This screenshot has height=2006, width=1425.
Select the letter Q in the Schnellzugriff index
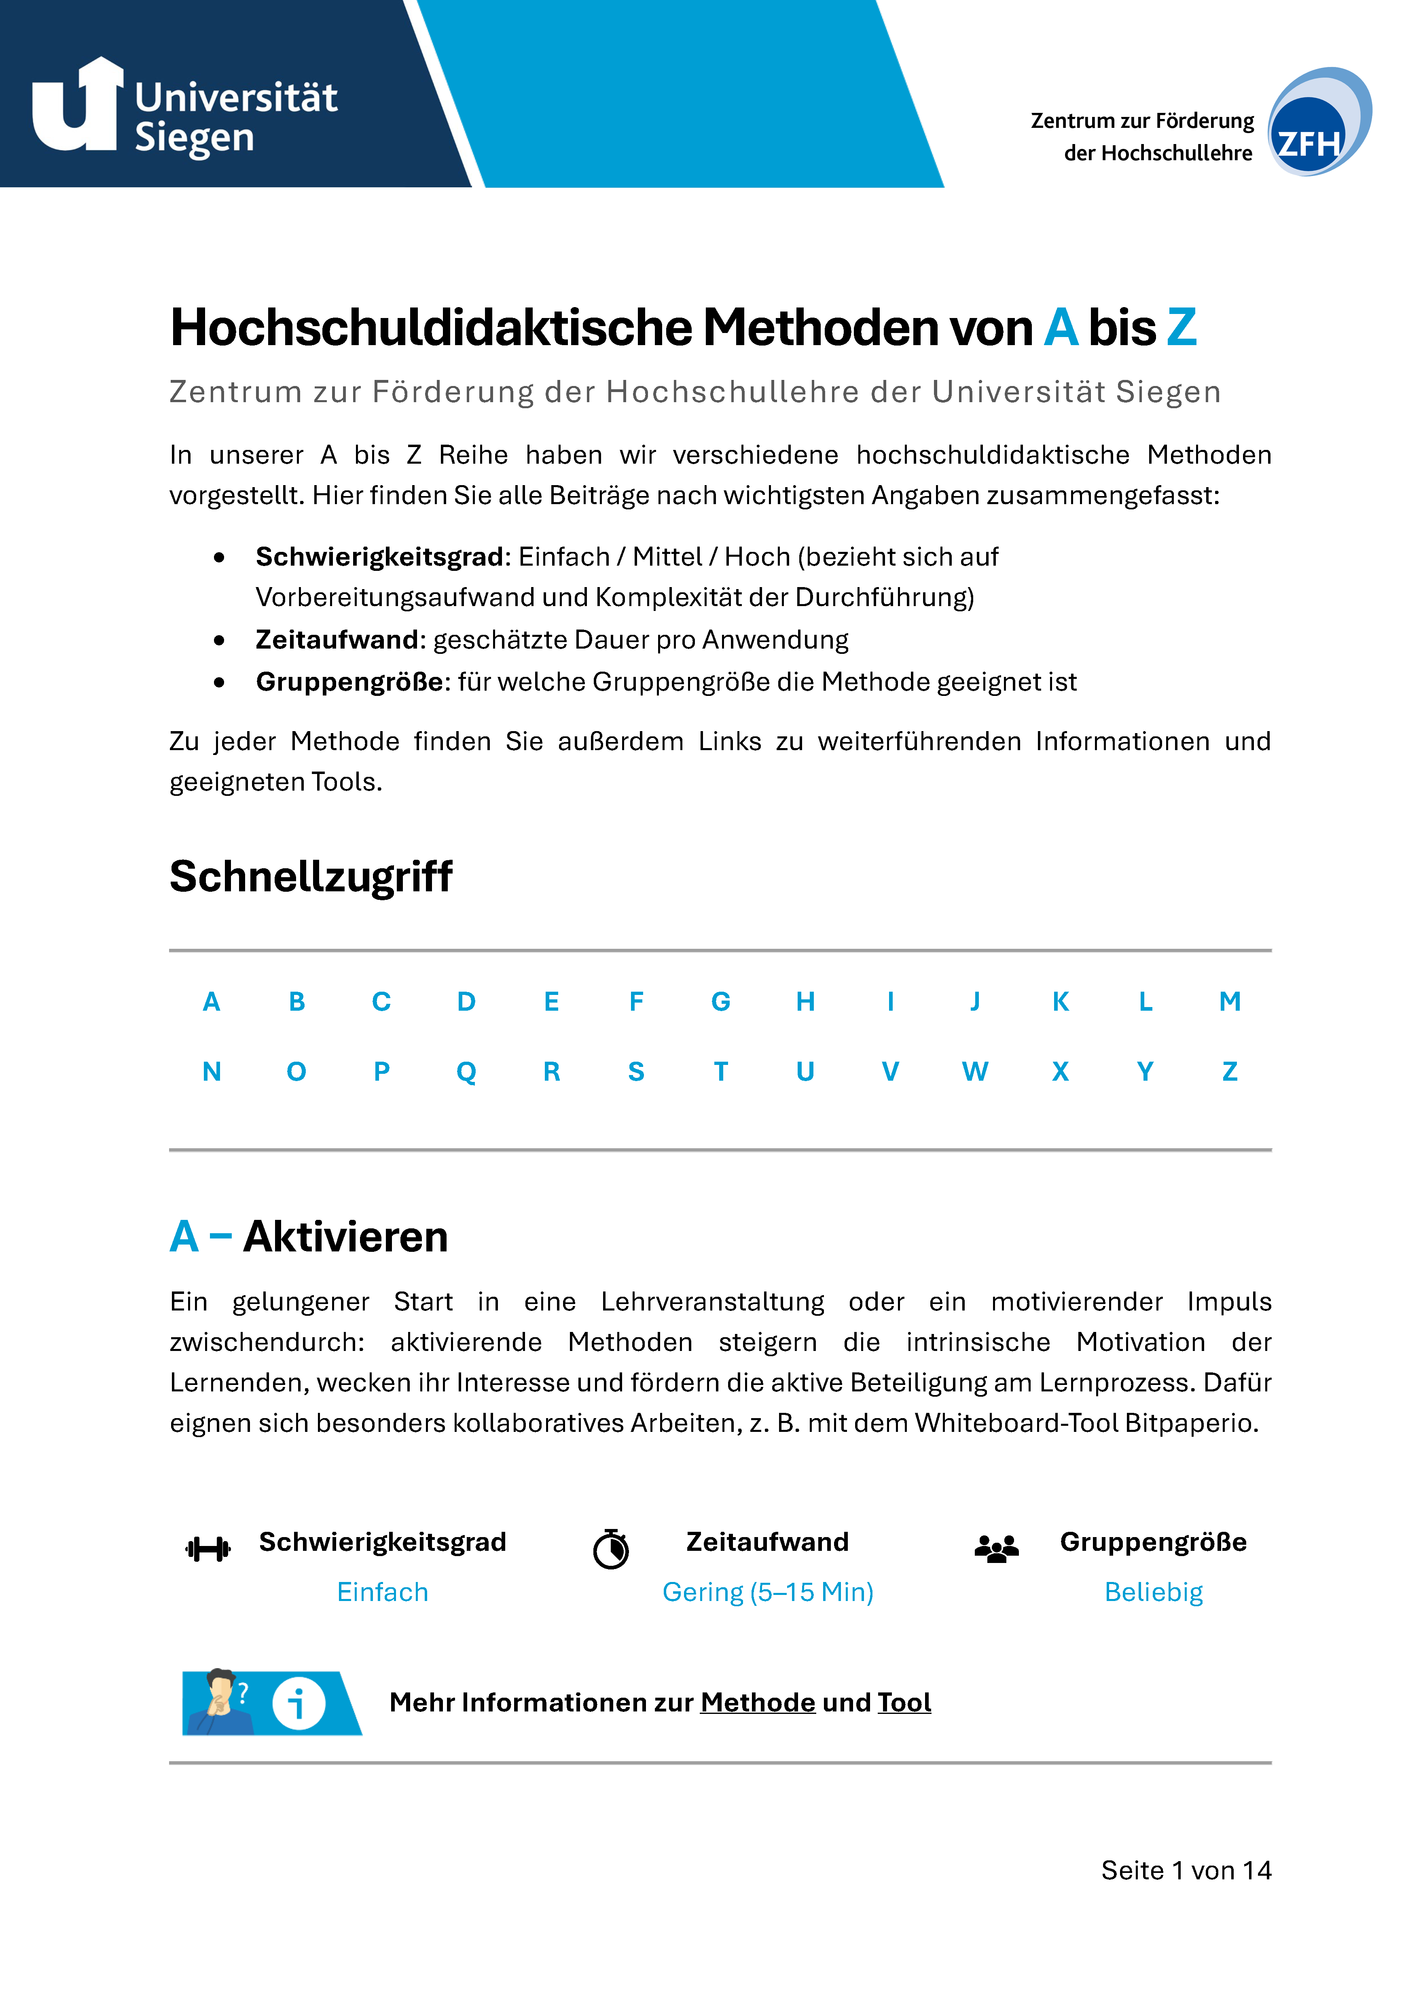tap(466, 1071)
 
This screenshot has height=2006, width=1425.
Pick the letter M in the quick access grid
tap(1229, 1001)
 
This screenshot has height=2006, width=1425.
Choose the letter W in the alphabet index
tap(975, 1071)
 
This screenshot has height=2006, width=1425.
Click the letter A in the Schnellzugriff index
tap(212, 1001)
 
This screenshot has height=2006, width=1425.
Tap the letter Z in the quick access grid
tap(1229, 1071)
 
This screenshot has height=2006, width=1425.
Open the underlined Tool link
tap(904, 1703)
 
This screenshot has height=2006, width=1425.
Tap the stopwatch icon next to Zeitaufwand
tap(611, 1549)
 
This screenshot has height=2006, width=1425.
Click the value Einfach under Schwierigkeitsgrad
tap(383, 1592)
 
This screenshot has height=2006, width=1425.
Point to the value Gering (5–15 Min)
tap(768, 1592)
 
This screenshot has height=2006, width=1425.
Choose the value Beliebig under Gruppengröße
tap(1153, 1592)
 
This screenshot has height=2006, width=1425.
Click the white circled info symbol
tap(299, 1704)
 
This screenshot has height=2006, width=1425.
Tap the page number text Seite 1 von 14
tap(1186, 1870)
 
